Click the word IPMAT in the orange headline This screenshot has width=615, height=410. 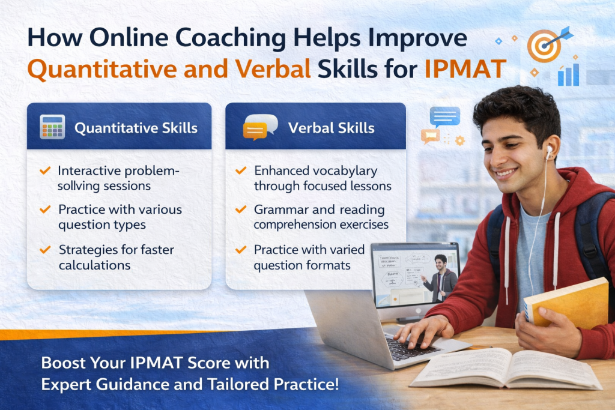pyautogui.click(x=465, y=69)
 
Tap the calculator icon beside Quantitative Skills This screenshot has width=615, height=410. pyautogui.click(x=52, y=127)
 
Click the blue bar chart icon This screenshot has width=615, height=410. pyautogui.click(x=568, y=74)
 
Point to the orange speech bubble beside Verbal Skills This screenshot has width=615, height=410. pyautogui.click(x=255, y=131)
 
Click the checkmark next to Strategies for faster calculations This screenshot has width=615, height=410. pyautogui.click(x=45, y=249)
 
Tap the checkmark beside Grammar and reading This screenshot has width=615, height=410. pyautogui.click(x=240, y=210)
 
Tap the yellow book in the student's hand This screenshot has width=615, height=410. pyautogui.click(x=566, y=302)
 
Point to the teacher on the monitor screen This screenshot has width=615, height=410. pyautogui.click(x=441, y=279)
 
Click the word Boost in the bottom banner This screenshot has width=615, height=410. pyautogui.click(x=63, y=363)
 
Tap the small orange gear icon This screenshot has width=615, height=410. pyautogui.click(x=459, y=140)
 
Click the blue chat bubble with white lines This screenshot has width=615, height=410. pyautogui.click(x=445, y=117)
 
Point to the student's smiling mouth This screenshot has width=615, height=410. pyautogui.click(x=506, y=173)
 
